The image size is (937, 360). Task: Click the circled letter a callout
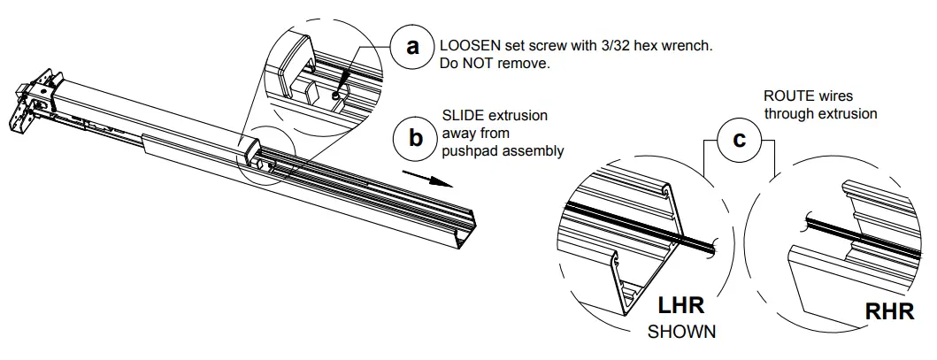(412, 46)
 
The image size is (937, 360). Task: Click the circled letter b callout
(413, 139)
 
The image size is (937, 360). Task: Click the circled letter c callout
(738, 140)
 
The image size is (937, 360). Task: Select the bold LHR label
(682, 307)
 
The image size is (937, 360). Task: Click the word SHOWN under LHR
(681, 333)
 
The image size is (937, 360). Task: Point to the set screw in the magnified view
(338, 92)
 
